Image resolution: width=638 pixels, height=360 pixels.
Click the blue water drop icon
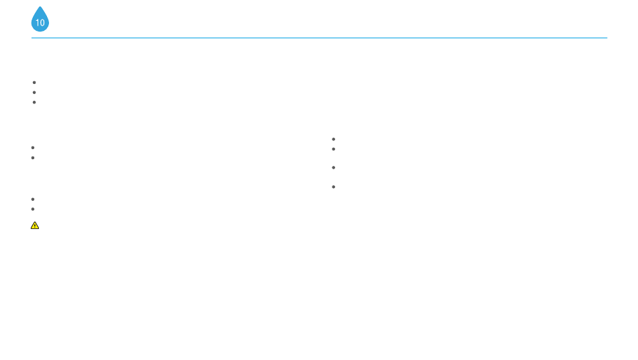click(x=40, y=21)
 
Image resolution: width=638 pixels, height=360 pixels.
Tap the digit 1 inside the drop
click(x=38, y=23)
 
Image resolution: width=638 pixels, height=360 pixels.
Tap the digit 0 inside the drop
click(x=42, y=23)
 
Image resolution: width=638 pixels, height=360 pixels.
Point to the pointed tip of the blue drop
click(x=40, y=7)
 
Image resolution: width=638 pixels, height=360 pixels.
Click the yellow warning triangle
click(x=35, y=225)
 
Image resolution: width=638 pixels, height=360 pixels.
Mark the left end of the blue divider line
click(x=32, y=38)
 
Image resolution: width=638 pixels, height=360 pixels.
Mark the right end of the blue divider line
click(x=606, y=38)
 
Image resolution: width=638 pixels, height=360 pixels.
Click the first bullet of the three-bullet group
click(x=34, y=82)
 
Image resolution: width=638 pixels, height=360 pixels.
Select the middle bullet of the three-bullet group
click(x=34, y=92)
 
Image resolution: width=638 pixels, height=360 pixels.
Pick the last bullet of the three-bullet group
click(x=34, y=102)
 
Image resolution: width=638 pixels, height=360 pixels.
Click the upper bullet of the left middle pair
click(x=32, y=147)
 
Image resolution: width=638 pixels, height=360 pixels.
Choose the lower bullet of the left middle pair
click(x=32, y=157)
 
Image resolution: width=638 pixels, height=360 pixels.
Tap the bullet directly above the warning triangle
click(x=32, y=209)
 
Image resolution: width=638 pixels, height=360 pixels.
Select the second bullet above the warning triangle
click(x=32, y=199)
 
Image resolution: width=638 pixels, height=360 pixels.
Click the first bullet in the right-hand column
click(x=333, y=139)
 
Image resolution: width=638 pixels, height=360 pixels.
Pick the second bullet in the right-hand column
click(x=333, y=148)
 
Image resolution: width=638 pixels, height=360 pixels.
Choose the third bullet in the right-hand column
click(x=333, y=167)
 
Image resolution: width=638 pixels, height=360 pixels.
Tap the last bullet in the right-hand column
click(x=333, y=186)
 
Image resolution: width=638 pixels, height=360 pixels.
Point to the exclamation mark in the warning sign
click(x=35, y=226)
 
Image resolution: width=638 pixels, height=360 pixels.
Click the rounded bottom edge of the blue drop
click(x=40, y=31)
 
